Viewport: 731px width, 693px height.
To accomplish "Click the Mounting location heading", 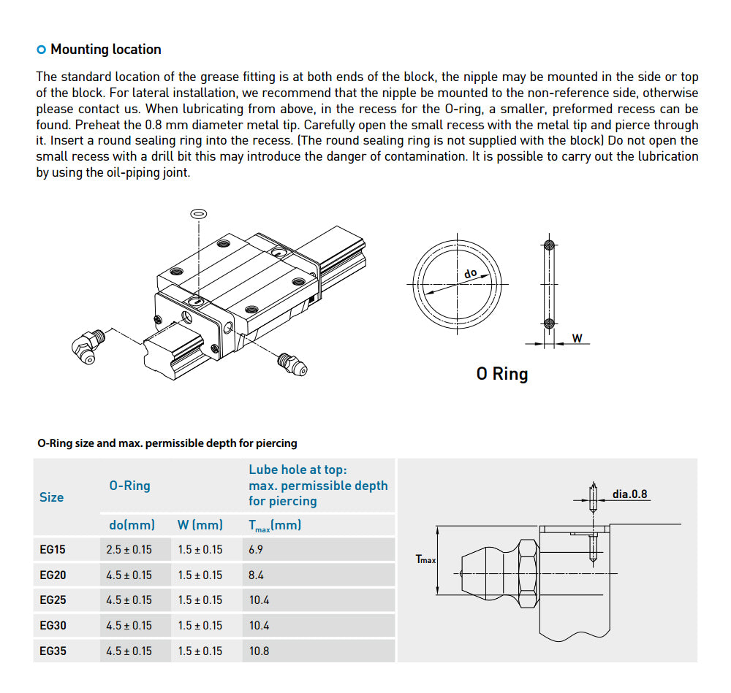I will pyautogui.click(x=105, y=50).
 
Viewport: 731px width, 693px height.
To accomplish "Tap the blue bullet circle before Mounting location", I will pyautogui.click(x=41, y=50).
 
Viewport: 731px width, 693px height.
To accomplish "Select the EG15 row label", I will pyautogui.click(x=53, y=549).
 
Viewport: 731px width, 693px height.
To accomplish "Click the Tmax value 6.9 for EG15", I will pyautogui.click(x=256, y=549).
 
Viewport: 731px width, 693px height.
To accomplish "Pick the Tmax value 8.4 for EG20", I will pyautogui.click(x=256, y=575).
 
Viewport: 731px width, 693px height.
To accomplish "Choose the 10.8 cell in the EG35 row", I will pyautogui.click(x=259, y=651).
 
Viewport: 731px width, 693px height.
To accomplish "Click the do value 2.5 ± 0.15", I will pyautogui.click(x=129, y=549).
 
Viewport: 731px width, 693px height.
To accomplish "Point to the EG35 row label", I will pyautogui.click(x=53, y=651).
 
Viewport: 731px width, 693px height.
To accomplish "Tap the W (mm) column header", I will pyautogui.click(x=200, y=524).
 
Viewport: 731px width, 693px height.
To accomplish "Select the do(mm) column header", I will pyautogui.click(x=132, y=524).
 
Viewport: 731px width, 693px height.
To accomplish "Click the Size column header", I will pyautogui.click(x=51, y=497).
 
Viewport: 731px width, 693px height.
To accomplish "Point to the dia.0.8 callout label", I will pyautogui.click(x=629, y=494).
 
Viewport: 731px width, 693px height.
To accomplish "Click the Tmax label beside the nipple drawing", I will pyautogui.click(x=425, y=559).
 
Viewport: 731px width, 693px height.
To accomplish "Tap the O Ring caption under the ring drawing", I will pyautogui.click(x=501, y=374).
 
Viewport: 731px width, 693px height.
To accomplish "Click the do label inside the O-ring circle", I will pyautogui.click(x=470, y=273).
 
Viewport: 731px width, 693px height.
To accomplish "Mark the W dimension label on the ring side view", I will pyautogui.click(x=577, y=338).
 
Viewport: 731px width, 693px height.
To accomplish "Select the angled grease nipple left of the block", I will pyautogui.click(x=88, y=345).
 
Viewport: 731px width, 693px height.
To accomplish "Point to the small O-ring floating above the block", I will pyautogui.click(x=197, y=213).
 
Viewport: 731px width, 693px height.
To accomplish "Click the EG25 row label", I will pyautogui.click(x=53, y=600).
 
